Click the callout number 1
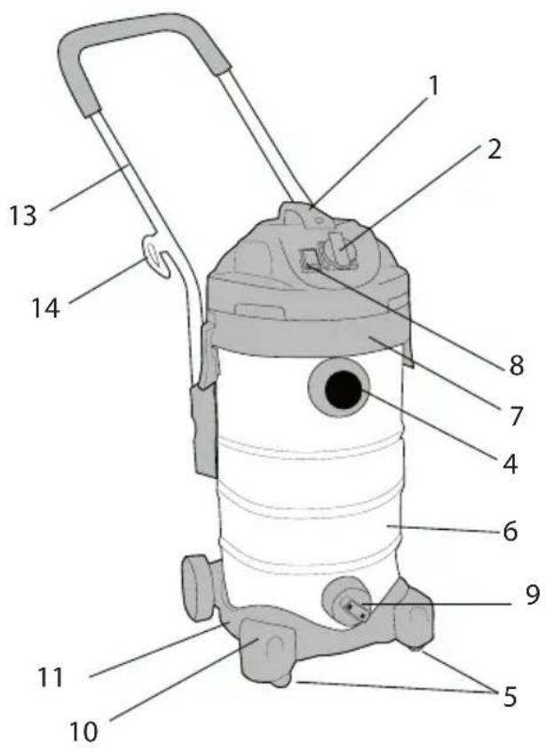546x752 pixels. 433,86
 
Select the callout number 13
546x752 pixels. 22,215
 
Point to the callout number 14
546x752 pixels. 46,308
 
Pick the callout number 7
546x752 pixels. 515,414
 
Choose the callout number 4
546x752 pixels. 510,463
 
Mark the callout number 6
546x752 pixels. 510,532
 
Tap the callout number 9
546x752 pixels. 533,595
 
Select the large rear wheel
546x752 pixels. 198,587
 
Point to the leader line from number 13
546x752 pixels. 89,187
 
